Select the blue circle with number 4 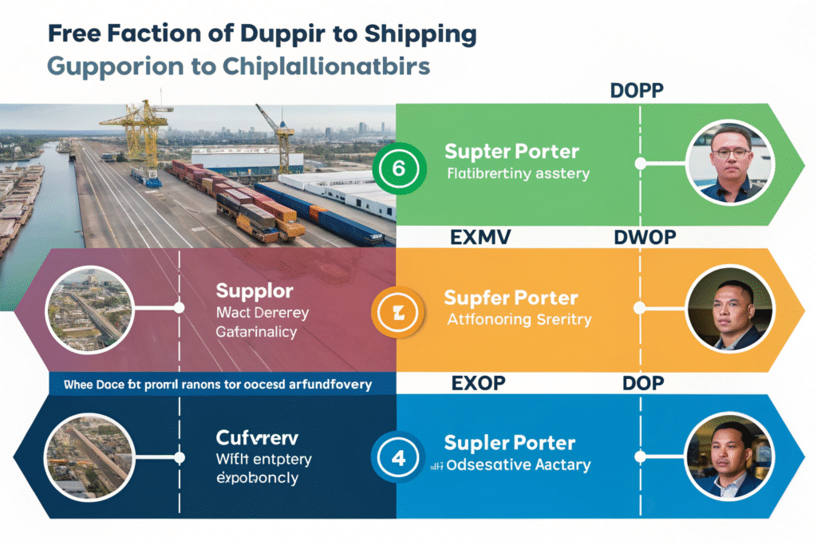(x=397, y=459)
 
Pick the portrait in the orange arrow (x=729, y=308)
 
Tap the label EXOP (x=478, y=383)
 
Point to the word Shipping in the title (x=420, y=35)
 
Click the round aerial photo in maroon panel (x=90, y=307)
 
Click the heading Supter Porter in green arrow (x=511, y=150)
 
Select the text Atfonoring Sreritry (x=518, y=320)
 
